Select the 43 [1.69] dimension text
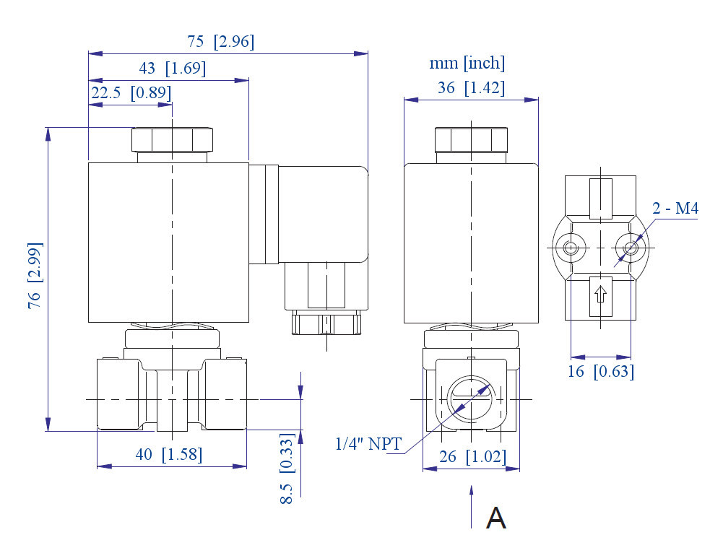[172, 69]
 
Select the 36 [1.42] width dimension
[470, 88]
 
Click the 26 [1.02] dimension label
[472, 457]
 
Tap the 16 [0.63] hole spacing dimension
[601, 372]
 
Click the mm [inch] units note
[467, 64]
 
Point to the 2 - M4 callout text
[675, 209]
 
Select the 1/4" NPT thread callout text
[368, 444]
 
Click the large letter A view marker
[496, 518]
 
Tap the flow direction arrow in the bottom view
[599, 295]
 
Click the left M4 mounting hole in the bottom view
[571, 248]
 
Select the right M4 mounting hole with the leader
[631, 248]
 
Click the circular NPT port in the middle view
[469, 399]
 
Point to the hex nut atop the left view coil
[173, 139]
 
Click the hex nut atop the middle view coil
[471, 139]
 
